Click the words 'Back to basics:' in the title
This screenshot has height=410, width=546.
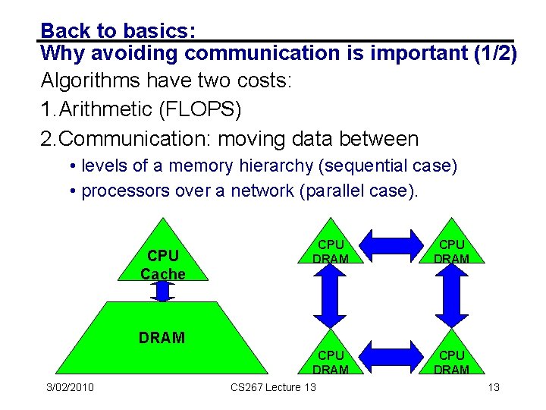pos(119,30)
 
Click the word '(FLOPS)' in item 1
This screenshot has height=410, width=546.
pos(200,109)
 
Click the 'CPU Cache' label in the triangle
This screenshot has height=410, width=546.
pos(162,264)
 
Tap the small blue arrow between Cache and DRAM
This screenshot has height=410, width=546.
pos(162,290)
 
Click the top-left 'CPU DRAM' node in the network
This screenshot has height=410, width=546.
pos(331,251)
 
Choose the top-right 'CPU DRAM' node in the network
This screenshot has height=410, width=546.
pos(452,251)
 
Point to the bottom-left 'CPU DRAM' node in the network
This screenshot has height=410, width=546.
pos(331,362)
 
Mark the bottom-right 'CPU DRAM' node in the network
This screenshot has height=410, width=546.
pos(452,362)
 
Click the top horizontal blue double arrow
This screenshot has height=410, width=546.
pos(391,245)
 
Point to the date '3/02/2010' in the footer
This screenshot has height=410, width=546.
pos(69,388)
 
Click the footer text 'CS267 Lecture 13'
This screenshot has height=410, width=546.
pos(273,388)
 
